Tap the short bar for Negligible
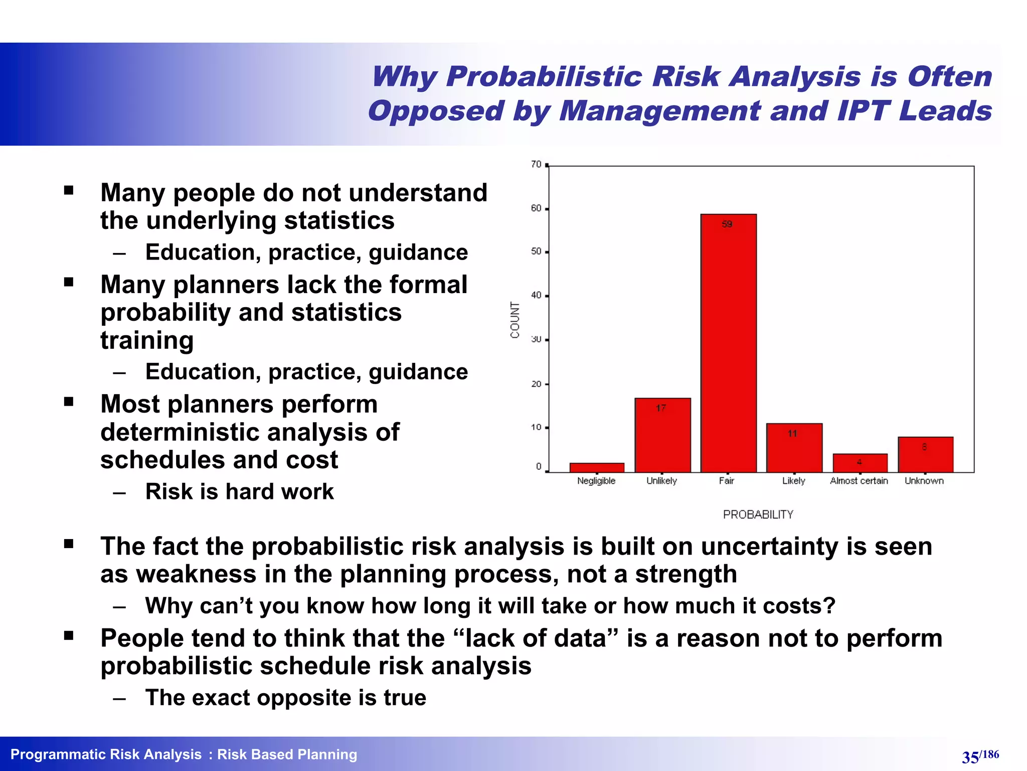pyautogui.click(x=597, y=467)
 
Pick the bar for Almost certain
pyautogui.click(x=860, y=463)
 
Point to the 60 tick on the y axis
pyautogui.click(x=537, y=208)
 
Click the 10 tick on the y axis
pyautogui.click(x=537, y=428)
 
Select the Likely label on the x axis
pyautogui.click(x=793, y=481)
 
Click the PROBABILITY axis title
pyautogui.click(x=758, y=515)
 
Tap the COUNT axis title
pyautogui.click(x=515, y=320)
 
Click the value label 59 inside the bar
pyautogui.click(x=727, y=224)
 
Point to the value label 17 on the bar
pyautogui.click(x=661, y=408)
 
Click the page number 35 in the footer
pyautogui.click(x=970, y=757)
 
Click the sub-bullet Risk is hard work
pyautogui.click(x=239, y=491)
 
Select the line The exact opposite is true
pyautogui.click(x=285, y=698)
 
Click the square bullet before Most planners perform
pyautogui.click(x=69, y=402)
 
